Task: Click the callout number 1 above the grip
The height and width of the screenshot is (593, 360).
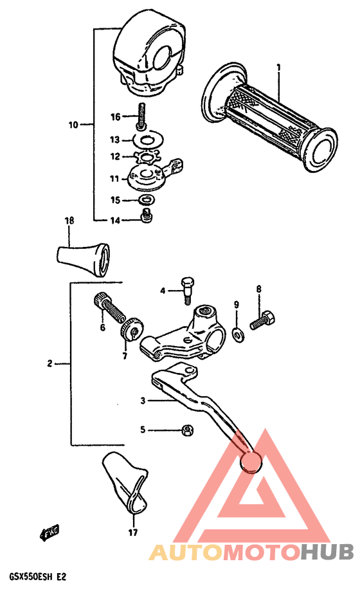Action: pyautogui.click(x=279, y=67)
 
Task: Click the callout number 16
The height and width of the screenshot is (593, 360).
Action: pyautogui.click(x=115, y=116)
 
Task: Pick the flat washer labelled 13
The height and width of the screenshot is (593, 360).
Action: pyautogui.click(x=148, y=139)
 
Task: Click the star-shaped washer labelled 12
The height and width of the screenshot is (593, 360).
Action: pyautogui.click(x=148, y=156)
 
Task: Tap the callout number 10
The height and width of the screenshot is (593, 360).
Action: pyautogui.click(x=73, y=124)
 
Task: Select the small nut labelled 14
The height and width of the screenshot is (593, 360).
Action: pyautogui.click(x=147, y=219)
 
